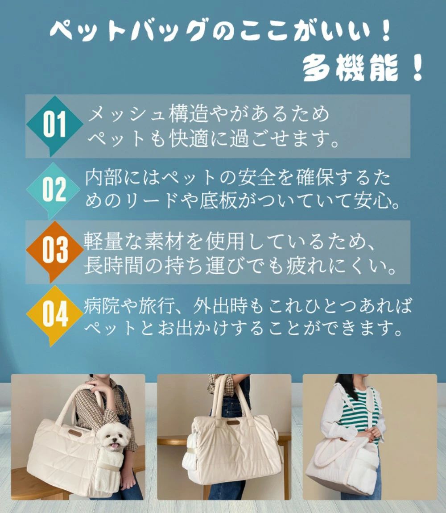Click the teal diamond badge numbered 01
54,124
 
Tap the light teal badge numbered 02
53,189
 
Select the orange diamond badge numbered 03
54,250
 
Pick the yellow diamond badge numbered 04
54,315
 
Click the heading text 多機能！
363,68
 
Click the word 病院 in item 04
101,305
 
